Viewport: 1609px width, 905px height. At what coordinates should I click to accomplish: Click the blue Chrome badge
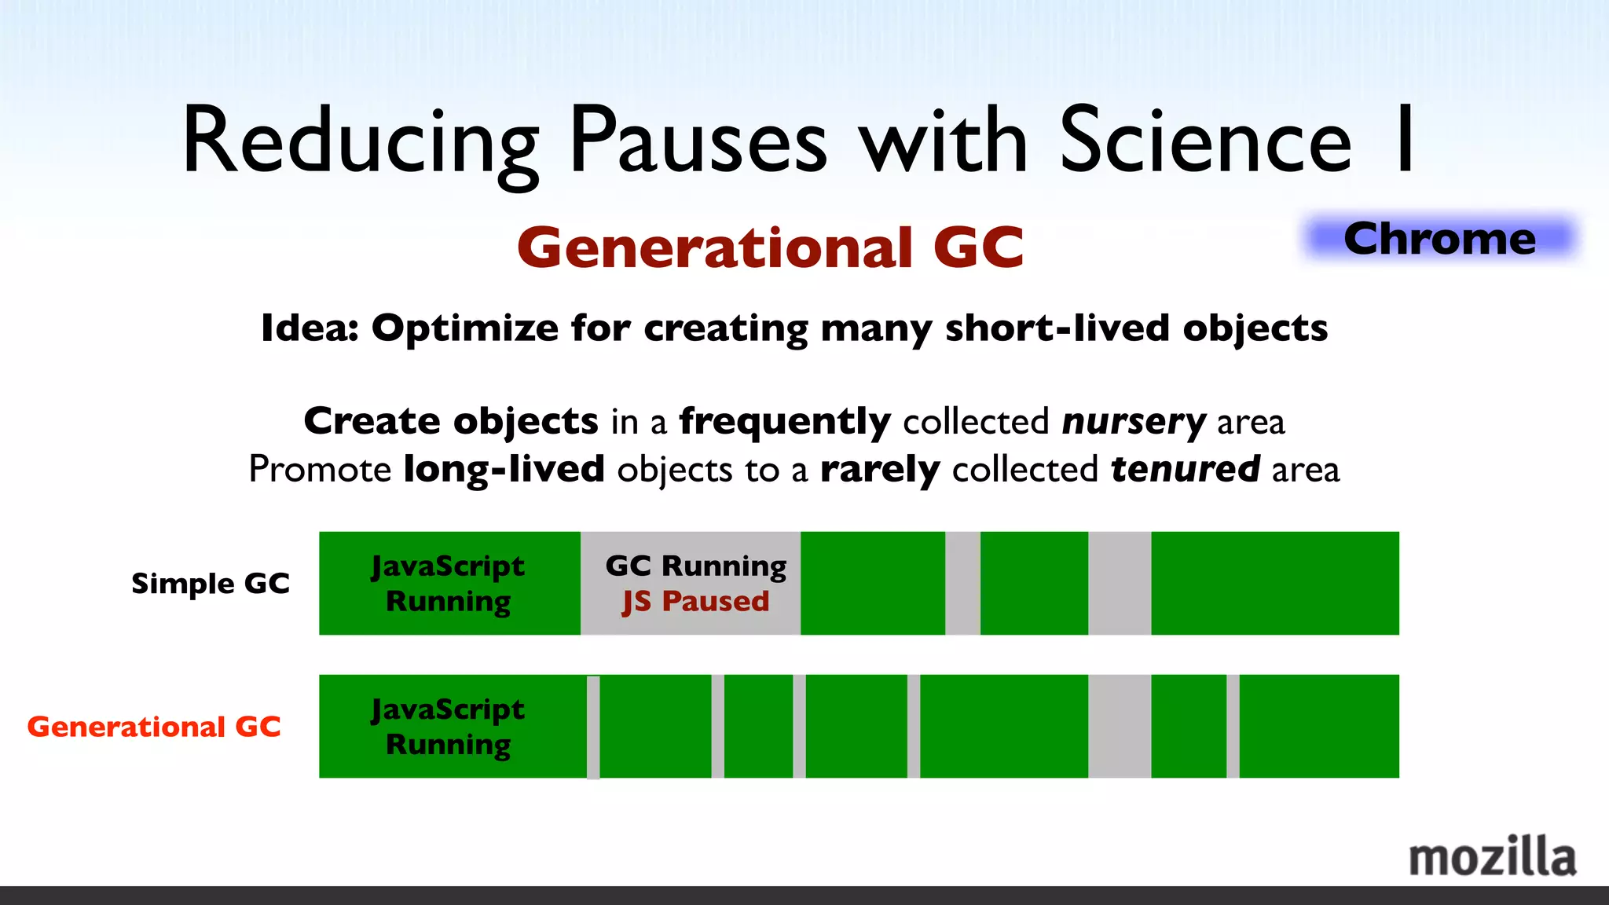1439,238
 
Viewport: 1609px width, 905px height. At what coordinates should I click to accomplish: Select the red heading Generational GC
770,247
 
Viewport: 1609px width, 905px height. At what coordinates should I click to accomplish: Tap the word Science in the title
1205,141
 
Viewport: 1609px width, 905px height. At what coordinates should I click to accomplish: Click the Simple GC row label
210,583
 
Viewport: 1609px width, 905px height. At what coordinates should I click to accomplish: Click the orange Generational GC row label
154,727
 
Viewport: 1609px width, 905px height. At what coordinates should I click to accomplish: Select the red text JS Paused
695,601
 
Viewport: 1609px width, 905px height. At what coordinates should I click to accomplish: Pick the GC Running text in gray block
695,566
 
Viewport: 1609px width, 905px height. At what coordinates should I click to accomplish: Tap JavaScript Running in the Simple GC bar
448,583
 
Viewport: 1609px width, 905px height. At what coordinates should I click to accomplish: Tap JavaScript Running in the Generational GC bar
448,727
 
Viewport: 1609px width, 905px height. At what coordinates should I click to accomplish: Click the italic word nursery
1133,422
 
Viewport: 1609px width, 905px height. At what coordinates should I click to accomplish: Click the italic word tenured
1185,469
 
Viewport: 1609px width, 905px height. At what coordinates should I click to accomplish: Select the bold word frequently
784,422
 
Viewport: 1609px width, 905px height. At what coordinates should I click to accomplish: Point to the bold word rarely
879,469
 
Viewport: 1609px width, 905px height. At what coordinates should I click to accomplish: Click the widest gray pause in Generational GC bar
1120,727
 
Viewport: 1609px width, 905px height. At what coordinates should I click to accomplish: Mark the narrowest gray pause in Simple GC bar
962,583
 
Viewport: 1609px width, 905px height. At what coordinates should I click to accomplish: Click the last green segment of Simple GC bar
1274,583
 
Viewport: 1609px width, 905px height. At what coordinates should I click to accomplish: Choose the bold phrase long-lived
504,469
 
